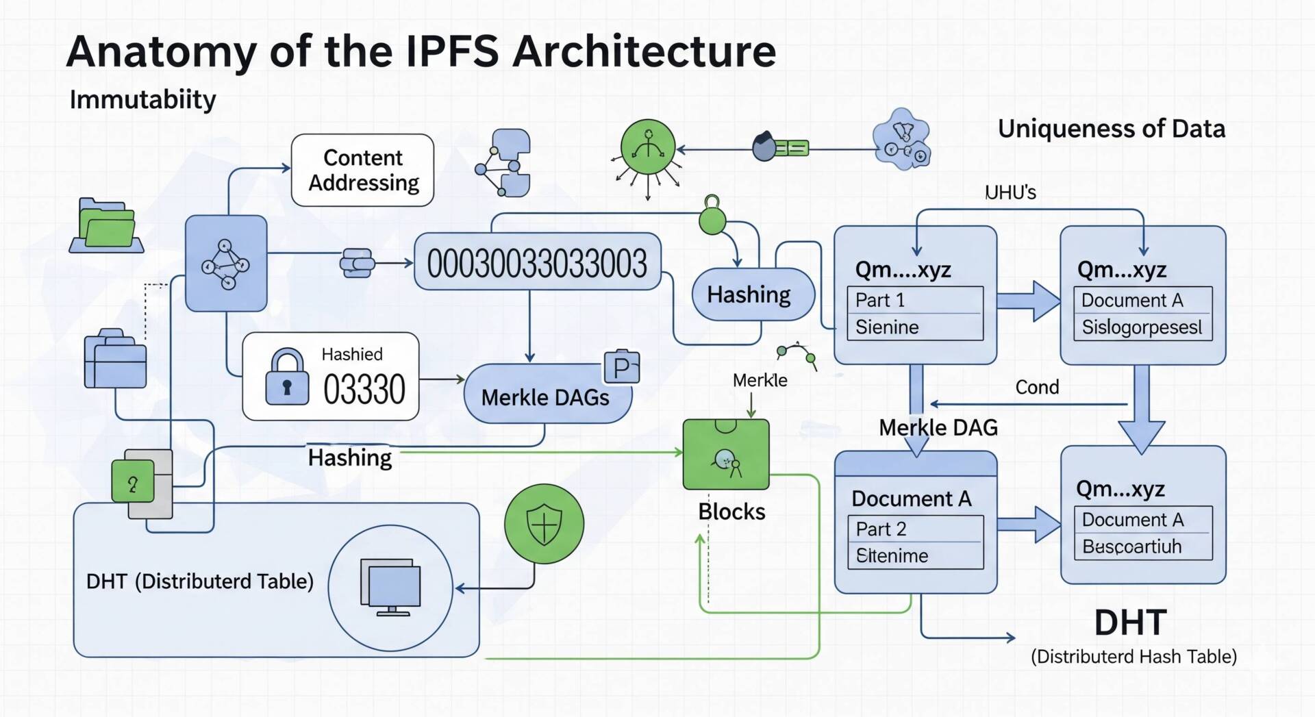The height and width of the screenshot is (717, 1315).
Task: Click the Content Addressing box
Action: (362, 170)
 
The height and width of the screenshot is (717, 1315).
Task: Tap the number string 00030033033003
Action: (537, 263)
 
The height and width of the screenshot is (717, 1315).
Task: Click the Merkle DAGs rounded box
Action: (546, 396)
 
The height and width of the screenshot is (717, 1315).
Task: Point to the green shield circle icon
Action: (544, 524)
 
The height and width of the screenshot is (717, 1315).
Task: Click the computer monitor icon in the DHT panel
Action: (390, 587)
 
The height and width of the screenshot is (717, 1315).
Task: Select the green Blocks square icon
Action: (726, 455)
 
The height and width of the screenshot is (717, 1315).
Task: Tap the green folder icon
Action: (106, 226)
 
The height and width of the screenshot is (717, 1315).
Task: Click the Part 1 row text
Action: (880, 300)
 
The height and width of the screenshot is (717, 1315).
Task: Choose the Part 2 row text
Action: (881, 529)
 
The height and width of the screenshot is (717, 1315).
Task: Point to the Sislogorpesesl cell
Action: (1142, 327)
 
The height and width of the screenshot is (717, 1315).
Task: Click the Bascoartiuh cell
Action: (1131, 546)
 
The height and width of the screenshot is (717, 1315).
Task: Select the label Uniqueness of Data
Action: (1111, 129)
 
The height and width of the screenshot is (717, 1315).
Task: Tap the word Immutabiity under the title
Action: (142, 100)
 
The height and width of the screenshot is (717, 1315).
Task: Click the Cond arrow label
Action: (1037, 388)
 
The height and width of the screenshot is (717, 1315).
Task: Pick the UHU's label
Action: (1010, 192)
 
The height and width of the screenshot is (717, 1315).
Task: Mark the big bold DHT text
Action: (1130, 622)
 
